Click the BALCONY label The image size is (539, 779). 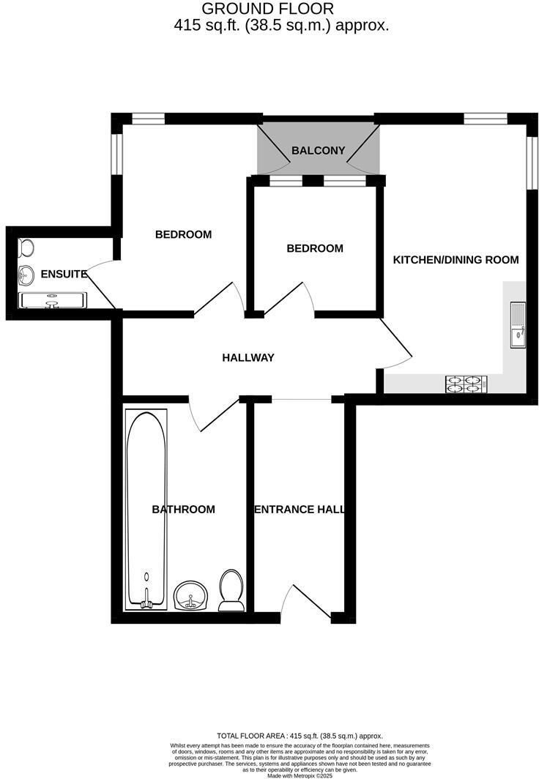pyautogui.click(x=318, y=150)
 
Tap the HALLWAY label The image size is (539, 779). pyautogui.click(x=248, y=357)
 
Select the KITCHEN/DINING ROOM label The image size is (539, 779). pyautogui.click(x=456, y=259)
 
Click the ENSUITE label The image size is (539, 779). pyautogui.click(x=64, y=274)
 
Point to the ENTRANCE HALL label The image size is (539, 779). pyautogui.click(x=300, y=510)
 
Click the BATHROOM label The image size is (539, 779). pyautogui.click(x=183, y=510)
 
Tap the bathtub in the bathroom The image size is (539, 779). pyautogui.click(x=146, y=510)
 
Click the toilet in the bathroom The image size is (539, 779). pyautogui.click(x=231, y=590)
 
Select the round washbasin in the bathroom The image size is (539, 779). pyautogui.click(x=191, y=595)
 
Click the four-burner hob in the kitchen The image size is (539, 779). pyautogui.click(x=466, y=384)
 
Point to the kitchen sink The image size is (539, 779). pyautogui.click(x=518, y=324)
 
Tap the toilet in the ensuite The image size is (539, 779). pyautogui.click(x=26, y=247)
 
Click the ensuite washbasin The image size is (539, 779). pyautogui.click(x=26, y=275)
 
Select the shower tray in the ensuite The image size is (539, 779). pyautogui.click(x=52, y=301)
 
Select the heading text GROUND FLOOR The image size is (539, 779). pyautogui.click(x=268, y=9)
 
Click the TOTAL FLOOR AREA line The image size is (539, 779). pyautogui.click(x=300, y=736)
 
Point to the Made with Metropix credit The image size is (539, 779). pyautogui.click(x=300, y=775)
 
